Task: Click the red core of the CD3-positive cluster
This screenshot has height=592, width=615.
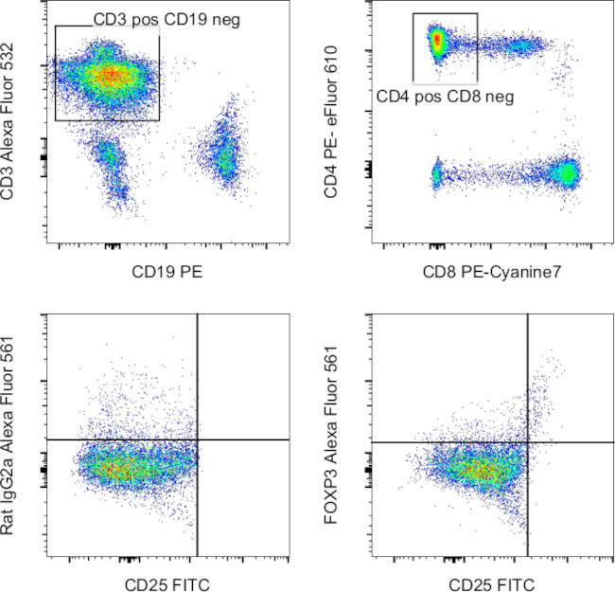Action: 110,74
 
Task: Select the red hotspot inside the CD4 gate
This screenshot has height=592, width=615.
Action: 437,41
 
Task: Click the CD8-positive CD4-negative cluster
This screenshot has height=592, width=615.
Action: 567,173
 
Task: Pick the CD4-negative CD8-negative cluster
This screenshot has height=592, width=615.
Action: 437,174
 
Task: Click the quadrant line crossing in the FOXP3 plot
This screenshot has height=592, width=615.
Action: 526,442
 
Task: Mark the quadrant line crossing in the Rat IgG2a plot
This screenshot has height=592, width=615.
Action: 197,440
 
